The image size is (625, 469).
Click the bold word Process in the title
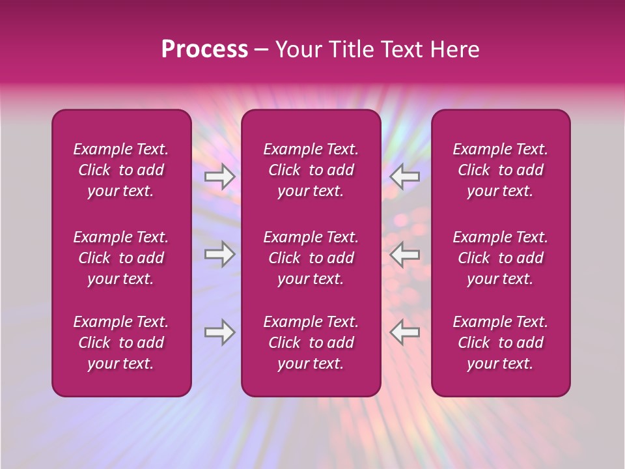[x=204, y=50]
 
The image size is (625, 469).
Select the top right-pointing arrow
[x=219, y=177]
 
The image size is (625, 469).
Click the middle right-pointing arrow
[x=219, y=254]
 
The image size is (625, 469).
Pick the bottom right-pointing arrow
[x=219, y=332]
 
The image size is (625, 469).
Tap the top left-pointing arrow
[x=405, y=176]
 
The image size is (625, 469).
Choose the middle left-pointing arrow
[x=405, y=254]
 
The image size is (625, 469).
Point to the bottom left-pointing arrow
[x=405, y=332]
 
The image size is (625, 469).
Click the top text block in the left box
[x=121, y=170]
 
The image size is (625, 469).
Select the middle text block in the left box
[x=121, y=258]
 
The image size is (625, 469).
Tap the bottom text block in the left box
[x=121, y=343]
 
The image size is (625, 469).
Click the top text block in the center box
[x=311, y=170]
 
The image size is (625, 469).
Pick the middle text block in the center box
[x=311, y=258]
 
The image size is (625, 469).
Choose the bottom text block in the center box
[x=311, y=343]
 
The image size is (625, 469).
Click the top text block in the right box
[x=501, y=170]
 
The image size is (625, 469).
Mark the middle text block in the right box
[x=501, y=258]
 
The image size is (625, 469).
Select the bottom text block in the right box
[x=501, y=343]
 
